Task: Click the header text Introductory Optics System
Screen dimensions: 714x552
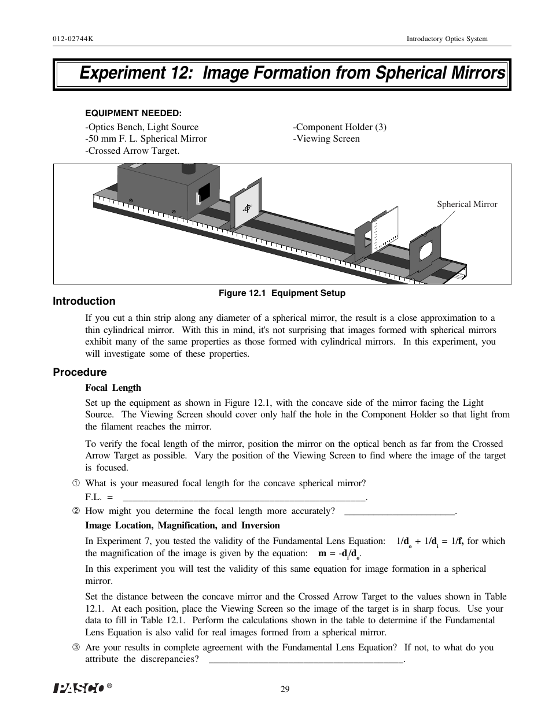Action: (447, 39)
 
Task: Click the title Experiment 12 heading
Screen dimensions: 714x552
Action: (292, 73)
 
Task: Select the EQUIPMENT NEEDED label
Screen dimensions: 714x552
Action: (133, 113)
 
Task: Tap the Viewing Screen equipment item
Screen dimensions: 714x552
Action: (327, 139)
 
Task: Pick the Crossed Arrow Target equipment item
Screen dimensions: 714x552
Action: (133, 151)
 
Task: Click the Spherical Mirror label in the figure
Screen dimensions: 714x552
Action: (466, 204)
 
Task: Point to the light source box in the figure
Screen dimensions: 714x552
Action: (168, 191)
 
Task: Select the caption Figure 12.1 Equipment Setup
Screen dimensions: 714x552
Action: (281, 293)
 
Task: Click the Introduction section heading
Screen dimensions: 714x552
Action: (84, 301)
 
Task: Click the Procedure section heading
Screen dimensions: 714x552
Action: (80, 372)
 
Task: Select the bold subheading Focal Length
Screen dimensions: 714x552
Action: (113, 388)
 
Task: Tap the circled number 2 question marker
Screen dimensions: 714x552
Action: (75, 511)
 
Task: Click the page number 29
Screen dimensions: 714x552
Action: (285, 689)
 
